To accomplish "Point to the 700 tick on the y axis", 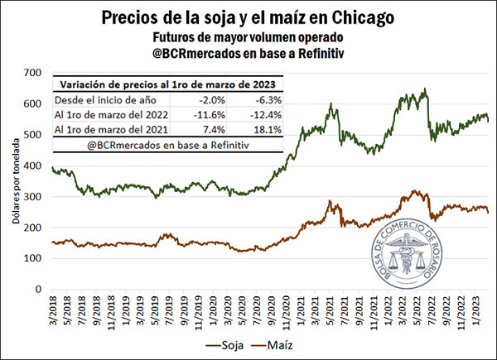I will pyautogui.click(x=33, y=73).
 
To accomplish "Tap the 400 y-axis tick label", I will pyautogui.click(x=33, y=166).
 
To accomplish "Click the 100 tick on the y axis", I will pyautogui.click(x=33, y=259).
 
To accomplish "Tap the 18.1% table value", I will pyautogui.click(x=267, y=130).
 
